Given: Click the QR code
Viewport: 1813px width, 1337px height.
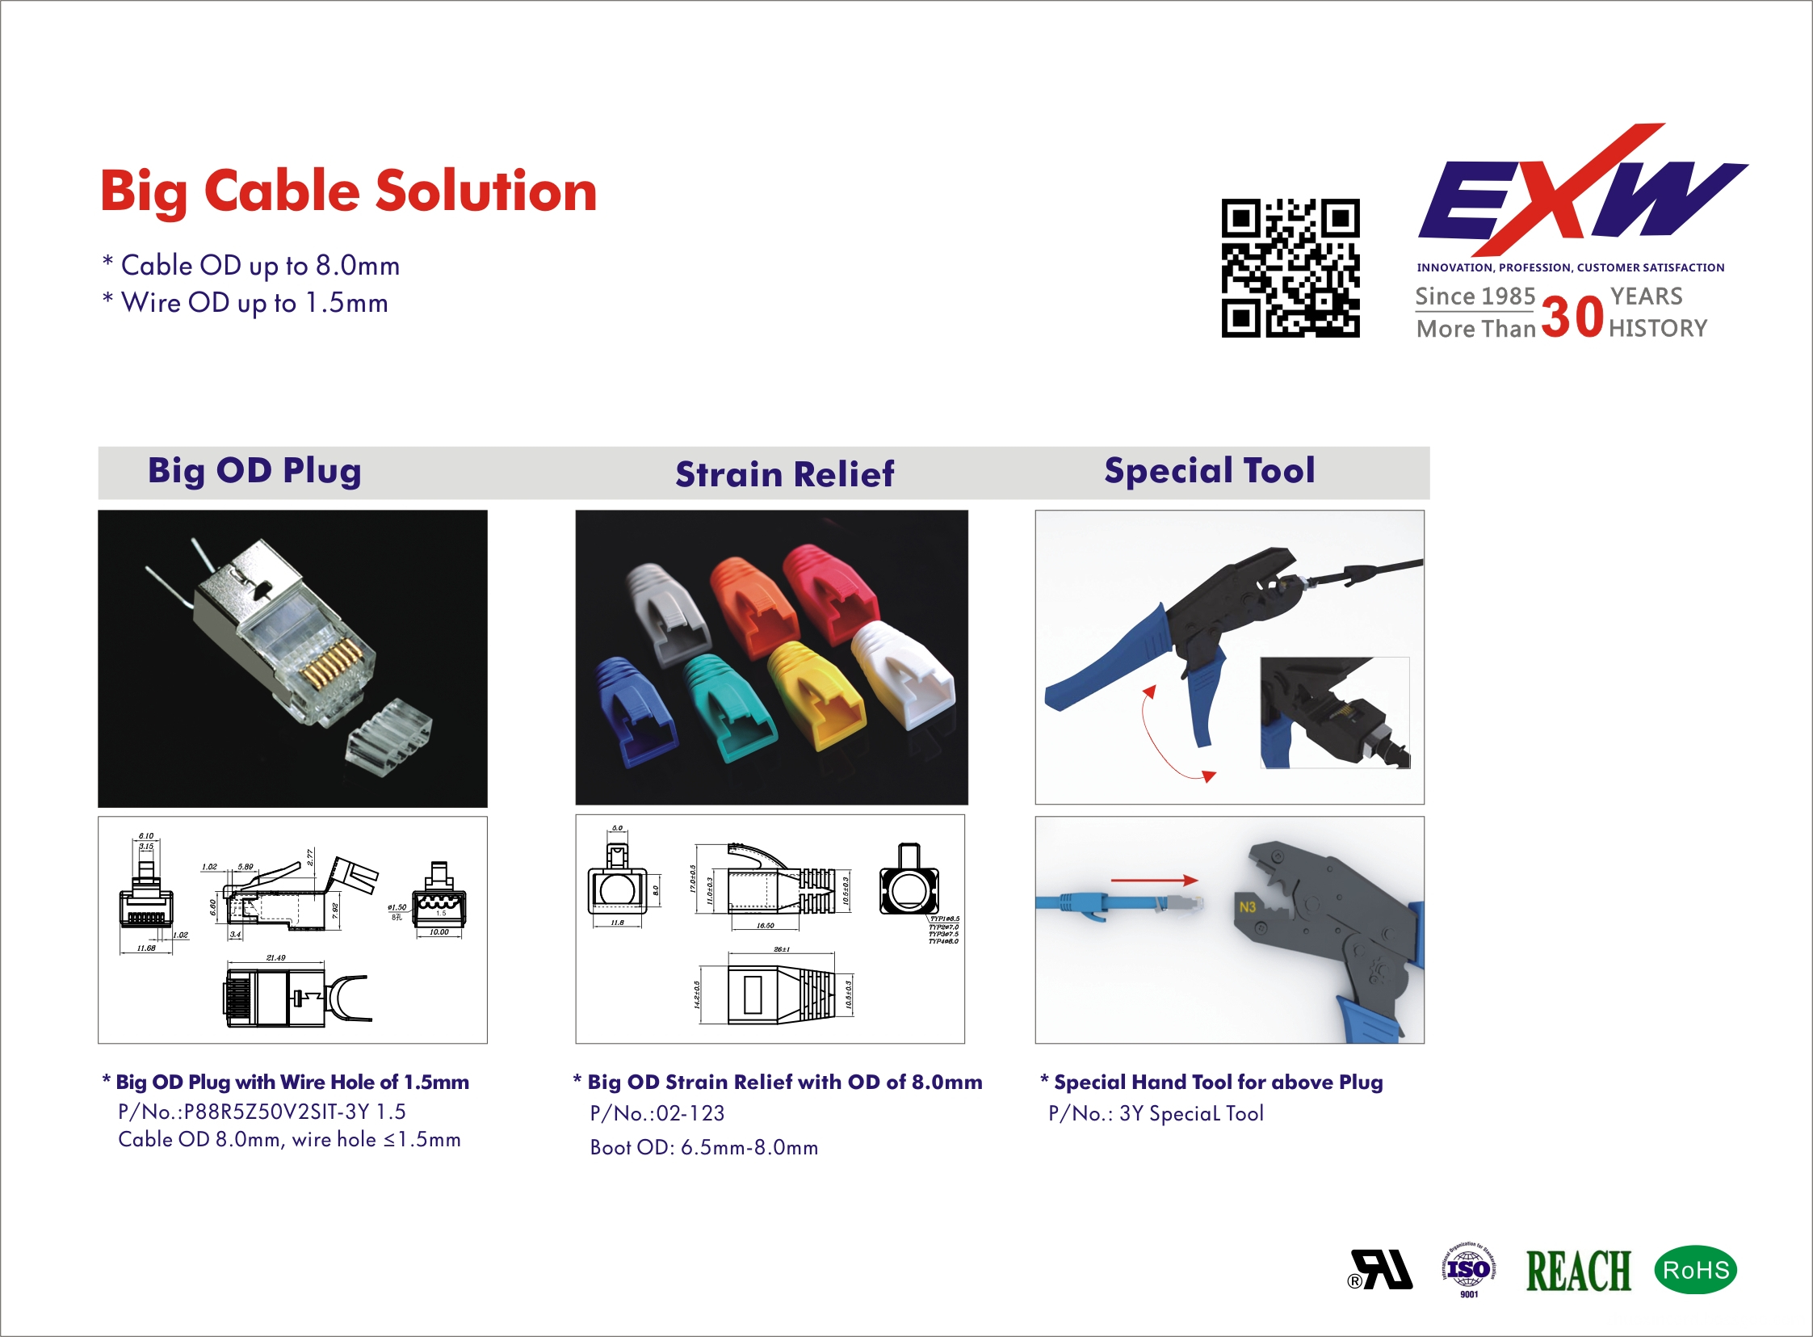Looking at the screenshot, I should click(1290, 268).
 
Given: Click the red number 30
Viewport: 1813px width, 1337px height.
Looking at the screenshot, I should click(1572, 317).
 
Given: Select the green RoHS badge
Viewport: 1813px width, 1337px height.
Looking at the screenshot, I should click(1696, 1270).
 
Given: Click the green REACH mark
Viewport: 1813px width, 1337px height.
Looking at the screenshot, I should click(1577, 1271).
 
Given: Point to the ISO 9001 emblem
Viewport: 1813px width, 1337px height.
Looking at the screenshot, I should click(1468, 1270).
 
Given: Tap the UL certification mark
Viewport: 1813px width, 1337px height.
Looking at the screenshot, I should click(1382, 1270).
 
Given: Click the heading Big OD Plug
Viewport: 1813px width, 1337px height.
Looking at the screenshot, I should click(254, 471).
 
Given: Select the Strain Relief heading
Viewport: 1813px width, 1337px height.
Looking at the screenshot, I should click(784, 474).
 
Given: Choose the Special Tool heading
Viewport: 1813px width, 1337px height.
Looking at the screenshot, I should click(1209, 471).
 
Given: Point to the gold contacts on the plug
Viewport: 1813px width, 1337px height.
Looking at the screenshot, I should click(332, 660).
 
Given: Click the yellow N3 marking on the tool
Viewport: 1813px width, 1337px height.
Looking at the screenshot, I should click(1247, 907).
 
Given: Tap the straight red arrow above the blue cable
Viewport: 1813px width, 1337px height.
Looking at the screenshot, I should click(1154, 880).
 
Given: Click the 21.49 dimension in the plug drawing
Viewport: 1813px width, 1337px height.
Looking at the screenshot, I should click(275, 957).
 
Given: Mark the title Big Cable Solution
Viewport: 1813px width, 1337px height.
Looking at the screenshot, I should click(349, 191).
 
